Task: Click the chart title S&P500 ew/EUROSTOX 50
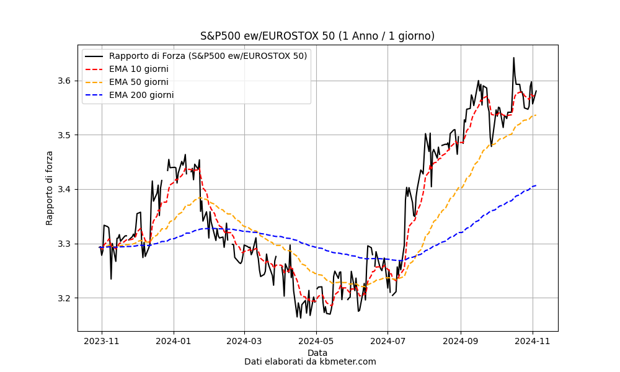pos(317,36)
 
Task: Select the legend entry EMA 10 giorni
pos(138,69)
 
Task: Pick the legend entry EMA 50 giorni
pos(138,82)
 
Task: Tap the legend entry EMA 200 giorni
pos(141,95)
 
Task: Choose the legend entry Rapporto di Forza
pos(208,56)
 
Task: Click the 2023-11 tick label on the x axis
pos(102,342)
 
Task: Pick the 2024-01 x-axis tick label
pos(174,342)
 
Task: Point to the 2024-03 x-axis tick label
pos(244,342)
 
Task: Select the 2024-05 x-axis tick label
pos(316,342)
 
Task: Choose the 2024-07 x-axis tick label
pos(387,342)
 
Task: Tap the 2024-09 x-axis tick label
pos(461,342)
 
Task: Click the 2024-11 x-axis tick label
pos(533,342)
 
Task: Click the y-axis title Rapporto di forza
pos(50,188)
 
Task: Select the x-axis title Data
pos(317,353)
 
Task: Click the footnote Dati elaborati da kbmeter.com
pos(310,361)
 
